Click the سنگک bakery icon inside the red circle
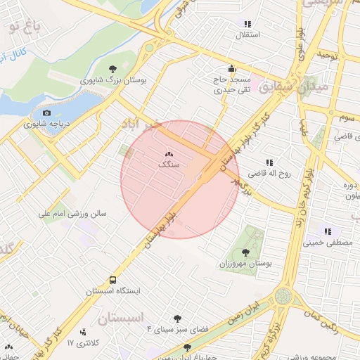point(169,154)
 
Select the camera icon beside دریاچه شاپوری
point(46,113)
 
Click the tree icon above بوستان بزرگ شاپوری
point(113,69)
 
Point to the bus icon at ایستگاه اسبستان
point(113,280)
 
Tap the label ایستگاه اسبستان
point(113,290)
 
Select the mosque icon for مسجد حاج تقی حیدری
point(231,70)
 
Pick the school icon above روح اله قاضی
point(269,162)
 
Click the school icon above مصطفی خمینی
point(327,231)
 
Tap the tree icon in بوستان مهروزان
point(245,252)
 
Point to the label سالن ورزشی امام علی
point(72,211)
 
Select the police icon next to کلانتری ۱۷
point(84,332)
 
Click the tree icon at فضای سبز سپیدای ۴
point(176,319)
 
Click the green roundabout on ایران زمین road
point(283,295)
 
